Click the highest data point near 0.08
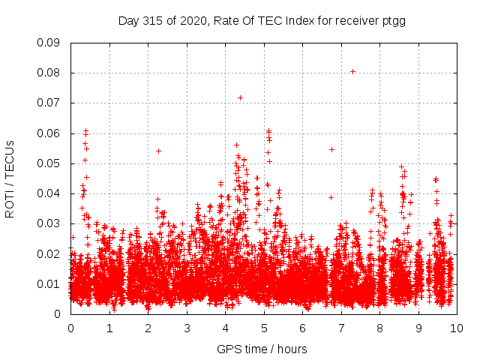352,71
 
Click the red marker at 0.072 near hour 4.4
240,97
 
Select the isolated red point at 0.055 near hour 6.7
331,149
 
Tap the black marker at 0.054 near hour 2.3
158,151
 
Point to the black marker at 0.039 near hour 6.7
331,197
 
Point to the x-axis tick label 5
264,328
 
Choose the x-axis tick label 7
341,328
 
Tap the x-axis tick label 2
148,328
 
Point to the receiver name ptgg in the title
392,21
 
